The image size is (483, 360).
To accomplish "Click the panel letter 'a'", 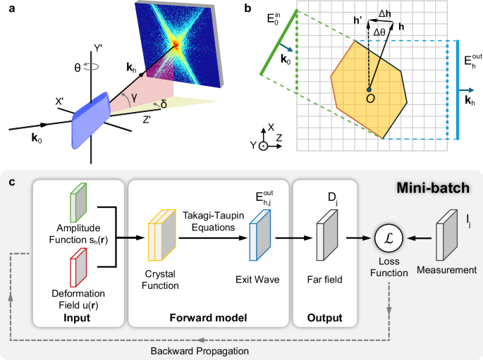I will pos(6,7).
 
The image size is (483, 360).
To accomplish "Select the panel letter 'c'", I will pos(6,181).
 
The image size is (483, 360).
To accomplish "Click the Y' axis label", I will pos(98,49).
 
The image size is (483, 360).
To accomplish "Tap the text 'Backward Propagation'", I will pos(202,350).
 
